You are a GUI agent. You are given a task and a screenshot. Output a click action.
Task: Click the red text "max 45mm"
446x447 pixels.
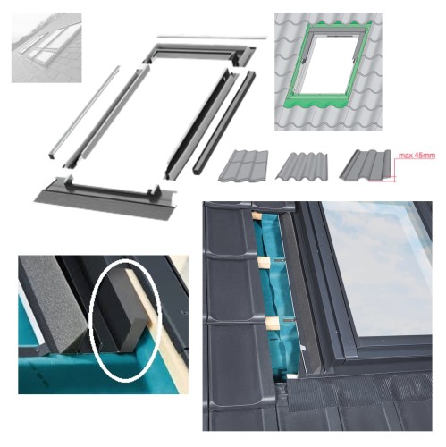tap(417, 156)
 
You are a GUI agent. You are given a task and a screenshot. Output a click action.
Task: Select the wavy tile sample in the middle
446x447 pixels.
tap(301, 166)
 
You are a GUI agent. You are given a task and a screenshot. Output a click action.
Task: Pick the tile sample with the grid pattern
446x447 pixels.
tap(243, 165)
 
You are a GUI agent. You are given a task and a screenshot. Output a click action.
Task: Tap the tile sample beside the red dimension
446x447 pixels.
tap(366, 164)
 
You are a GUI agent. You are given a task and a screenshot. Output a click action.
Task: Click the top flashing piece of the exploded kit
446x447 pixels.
tap(199, 54)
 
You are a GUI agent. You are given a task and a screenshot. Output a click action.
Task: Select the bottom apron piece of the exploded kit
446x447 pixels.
tap(105, 198)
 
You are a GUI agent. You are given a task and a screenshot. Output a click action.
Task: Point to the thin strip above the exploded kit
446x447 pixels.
tap(212, 38)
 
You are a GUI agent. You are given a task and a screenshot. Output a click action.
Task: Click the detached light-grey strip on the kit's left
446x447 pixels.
tap(84, 112)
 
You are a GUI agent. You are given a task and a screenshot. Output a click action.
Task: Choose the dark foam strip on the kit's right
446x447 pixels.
tap(224, 122)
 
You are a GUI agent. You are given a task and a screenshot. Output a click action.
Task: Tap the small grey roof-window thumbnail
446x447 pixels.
tap(46, 47)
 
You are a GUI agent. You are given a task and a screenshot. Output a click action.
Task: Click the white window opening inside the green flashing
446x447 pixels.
tap(328, 63)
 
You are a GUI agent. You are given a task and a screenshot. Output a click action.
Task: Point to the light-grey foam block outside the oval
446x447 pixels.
tap(54, 304)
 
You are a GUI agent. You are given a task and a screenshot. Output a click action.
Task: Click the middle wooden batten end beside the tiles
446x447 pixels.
tap(264, 262)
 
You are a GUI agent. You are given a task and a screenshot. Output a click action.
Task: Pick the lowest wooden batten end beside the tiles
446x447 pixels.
tap(273, 324)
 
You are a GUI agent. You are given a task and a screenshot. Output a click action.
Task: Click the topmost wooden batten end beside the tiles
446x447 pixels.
tap(257, 216)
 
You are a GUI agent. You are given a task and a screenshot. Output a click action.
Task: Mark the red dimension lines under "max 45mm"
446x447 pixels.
tap(391, 171)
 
